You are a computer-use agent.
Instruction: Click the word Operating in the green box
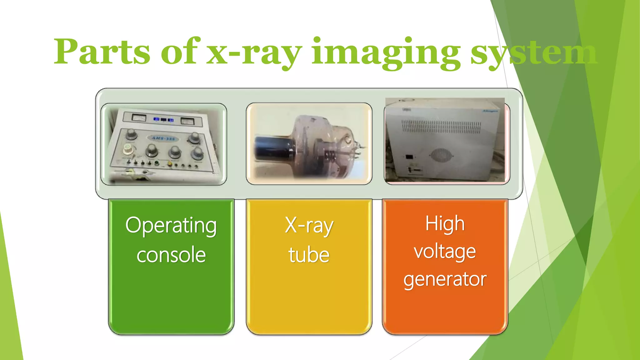[x=171, y=226]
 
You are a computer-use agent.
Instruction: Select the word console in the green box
[x=171, y=255]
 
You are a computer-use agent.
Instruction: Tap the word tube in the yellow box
[x=309, y=255]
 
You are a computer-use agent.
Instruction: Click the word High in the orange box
[x=445, y=224]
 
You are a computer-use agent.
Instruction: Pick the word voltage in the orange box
[x=445, y=251]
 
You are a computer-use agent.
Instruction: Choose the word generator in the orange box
[x=445, y=279]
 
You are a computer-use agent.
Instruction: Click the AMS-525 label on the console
[x=163, y=138]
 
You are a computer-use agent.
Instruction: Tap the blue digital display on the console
[x=163, y=119]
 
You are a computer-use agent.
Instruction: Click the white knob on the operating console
[x=128, y=149]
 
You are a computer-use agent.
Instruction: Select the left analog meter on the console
[x=139, y=118]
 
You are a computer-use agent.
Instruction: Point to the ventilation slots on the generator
[x=441, y=127]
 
